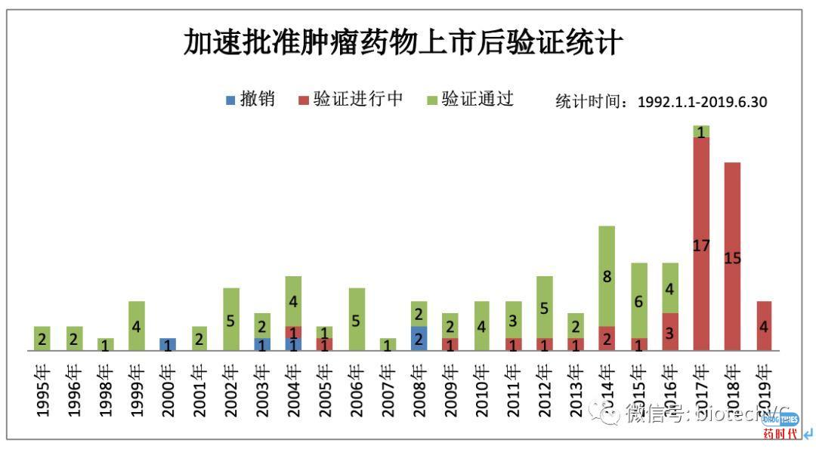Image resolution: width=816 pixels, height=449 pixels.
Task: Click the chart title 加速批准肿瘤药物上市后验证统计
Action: [x=403, y=42]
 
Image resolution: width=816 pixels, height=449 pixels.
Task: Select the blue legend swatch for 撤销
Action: [x=230, y=100]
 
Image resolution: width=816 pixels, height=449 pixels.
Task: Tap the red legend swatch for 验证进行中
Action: [x=304, y=100]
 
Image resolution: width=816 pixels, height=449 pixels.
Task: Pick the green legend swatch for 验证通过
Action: [x=431, y=100]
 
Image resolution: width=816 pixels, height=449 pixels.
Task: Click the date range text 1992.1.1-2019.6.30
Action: [x=702, y=102]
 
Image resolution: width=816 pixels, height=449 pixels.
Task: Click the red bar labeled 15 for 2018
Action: [x=732, y=257]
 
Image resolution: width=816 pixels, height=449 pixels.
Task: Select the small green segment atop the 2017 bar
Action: [x=701, y=131]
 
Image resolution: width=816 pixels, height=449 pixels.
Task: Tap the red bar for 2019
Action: [x=764, y=326]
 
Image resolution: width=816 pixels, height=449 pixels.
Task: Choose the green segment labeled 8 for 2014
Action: [x=607, y=276]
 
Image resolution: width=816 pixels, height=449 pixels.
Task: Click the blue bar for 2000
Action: [x=168, y=344]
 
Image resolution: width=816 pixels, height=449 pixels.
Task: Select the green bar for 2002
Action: [x=230, y=319]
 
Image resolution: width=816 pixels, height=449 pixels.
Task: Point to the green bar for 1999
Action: [x=136, y=326]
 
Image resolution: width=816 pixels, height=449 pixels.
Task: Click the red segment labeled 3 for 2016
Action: [x=669, y=332]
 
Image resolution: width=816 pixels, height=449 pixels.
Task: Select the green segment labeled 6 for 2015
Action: [x=638, y=300]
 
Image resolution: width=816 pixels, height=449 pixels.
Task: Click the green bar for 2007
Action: [x=388, y=344]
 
